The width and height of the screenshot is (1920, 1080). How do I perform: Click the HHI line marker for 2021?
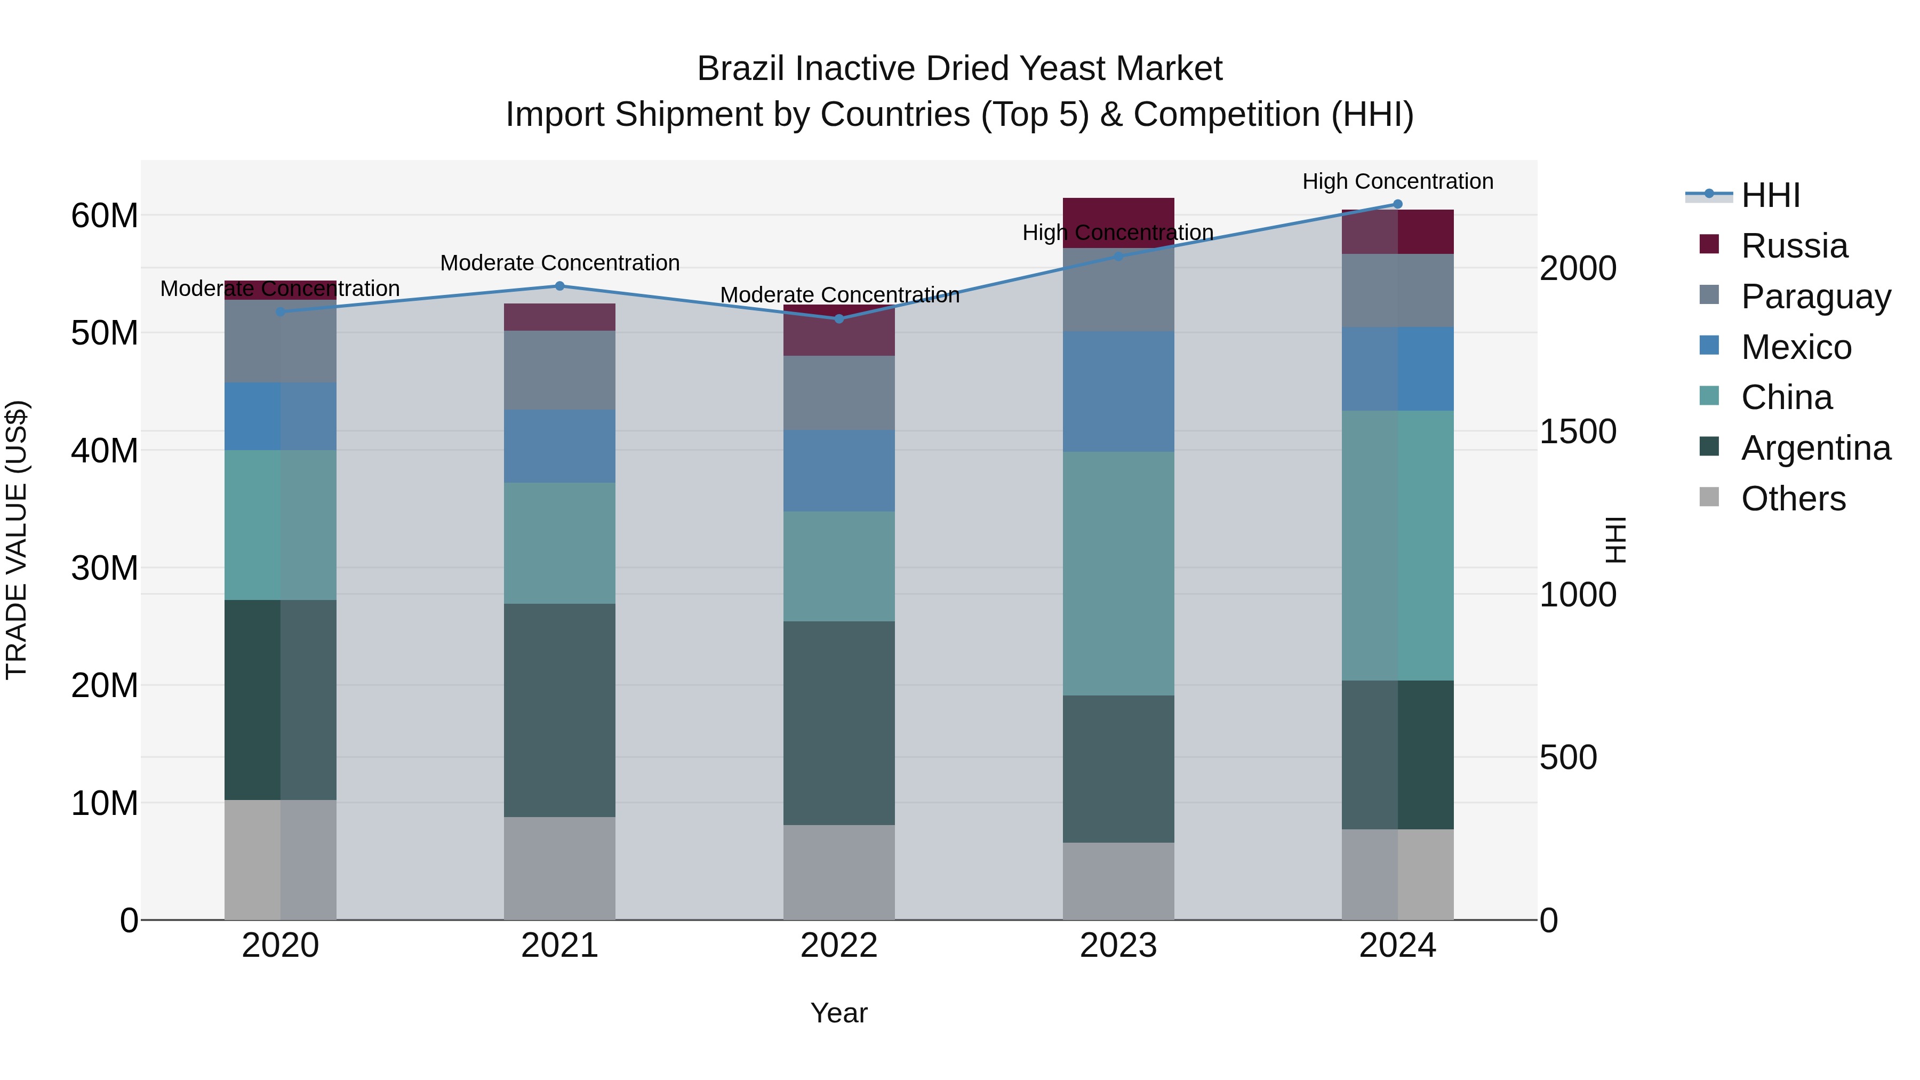point(560,286)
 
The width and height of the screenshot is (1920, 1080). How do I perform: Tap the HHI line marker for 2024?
point(1397,204)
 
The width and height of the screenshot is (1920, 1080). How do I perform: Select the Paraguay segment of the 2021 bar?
point(560,370)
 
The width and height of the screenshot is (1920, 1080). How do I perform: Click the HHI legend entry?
point(1770,195)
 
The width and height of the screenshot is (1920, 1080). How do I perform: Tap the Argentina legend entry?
point(1815,448)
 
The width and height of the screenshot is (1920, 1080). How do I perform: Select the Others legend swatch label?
point(1793,499)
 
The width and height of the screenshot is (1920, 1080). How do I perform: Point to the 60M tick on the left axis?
point(105,215)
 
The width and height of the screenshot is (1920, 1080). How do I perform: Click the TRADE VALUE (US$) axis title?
point(17,540)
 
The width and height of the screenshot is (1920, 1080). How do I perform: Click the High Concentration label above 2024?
point(1397,181)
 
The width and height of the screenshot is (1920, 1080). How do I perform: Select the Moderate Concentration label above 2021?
point(560,263)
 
